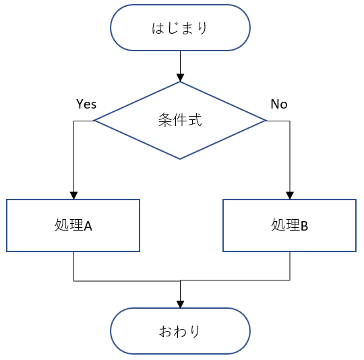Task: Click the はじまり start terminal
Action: [x=180, y=28]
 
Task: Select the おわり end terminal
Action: [x=180, y=331]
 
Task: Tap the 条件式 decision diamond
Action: [x=180, y=121]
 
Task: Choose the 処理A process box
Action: [x=73, y=225]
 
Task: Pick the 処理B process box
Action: [x=290, y=225]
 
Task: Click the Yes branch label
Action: [x=86, y=104]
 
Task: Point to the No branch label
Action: [x=278, y=104]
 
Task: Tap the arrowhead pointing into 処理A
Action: [x=73, y=195]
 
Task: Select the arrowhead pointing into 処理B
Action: [x=290, y=195]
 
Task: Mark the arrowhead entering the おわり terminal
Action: [x=180, y=304]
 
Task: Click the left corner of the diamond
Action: [x=94, y=121]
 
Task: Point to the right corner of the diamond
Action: [x=266, y=121]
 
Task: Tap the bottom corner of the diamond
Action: [x=180, y=159]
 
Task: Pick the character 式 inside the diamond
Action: [x=195, y=121]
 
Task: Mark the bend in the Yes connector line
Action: [x=73, y=121]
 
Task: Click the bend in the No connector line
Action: [x=290, y=121]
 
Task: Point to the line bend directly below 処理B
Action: [x=290, y=280]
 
